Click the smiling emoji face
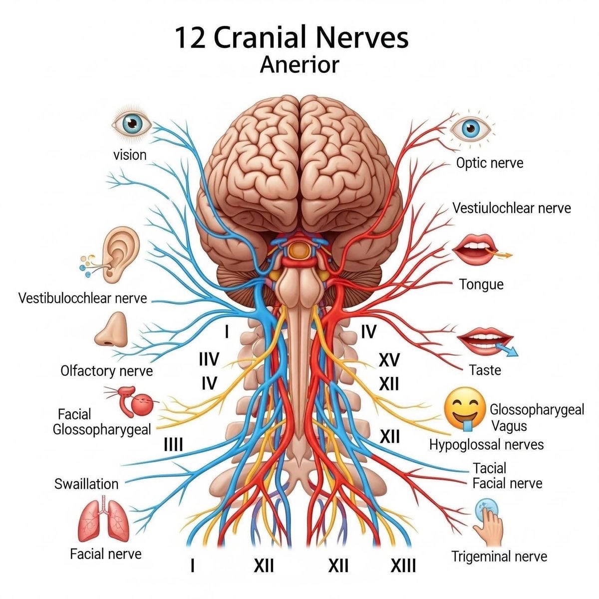pyautogui.click(x=465, y=409)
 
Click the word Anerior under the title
pyautogui.click(x=299, y=64)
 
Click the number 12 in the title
pyautogui.click(x=190, y=38)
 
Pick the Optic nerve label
pyautogui.click(x=490, y=163)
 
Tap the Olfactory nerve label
pyautogui.click(x=106, y=371)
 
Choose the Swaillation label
pyautogui.click(x=86, y=484)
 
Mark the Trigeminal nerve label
pyautogui.click(x=499, y=557)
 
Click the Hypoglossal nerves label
pyautogui.click(x=487, y=444)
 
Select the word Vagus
pyautogui.click(x=509, y=426)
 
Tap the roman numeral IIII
pyautogui.click(x=173, y=444)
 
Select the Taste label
pyautogui.click(x=485, y=370)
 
